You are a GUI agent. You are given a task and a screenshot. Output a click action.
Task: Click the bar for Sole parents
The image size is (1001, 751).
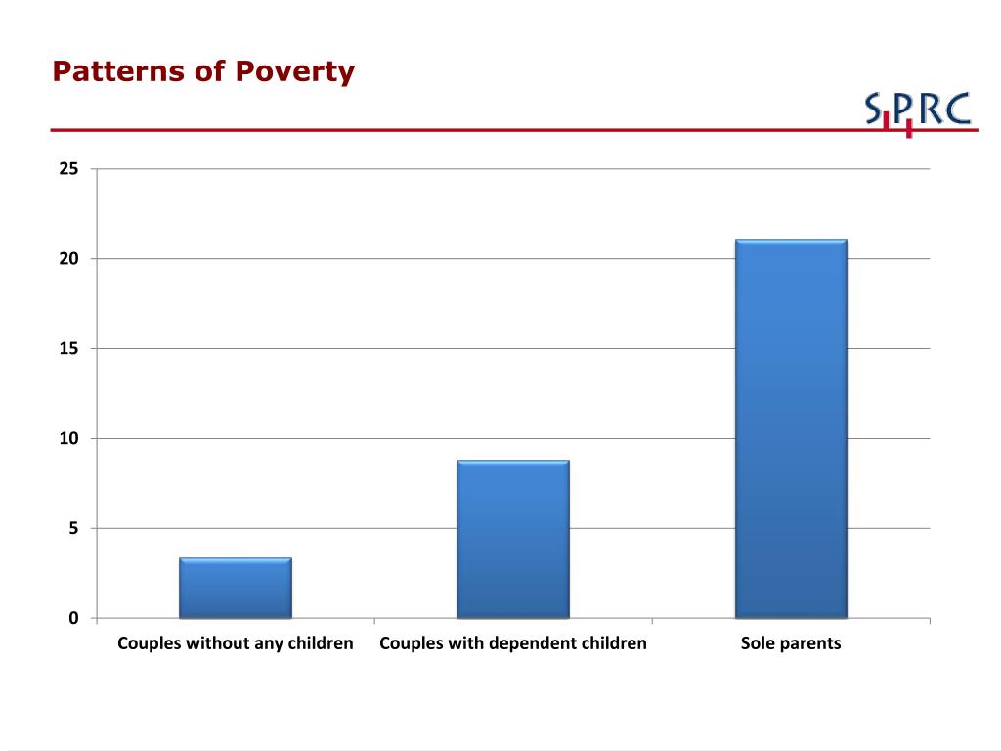791,428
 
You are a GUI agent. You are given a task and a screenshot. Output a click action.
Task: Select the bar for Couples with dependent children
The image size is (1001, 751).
513,539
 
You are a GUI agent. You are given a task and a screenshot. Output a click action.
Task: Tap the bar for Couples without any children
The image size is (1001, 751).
236,588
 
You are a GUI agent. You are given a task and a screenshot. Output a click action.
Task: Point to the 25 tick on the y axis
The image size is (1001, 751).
69,168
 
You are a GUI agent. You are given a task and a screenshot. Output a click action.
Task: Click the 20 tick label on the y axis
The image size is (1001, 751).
69,258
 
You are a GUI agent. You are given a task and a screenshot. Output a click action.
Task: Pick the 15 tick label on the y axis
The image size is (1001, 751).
69,349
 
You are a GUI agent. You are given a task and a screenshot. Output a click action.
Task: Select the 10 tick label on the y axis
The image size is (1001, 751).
69,439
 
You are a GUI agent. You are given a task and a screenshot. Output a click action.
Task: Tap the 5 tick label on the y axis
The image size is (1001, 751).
74,529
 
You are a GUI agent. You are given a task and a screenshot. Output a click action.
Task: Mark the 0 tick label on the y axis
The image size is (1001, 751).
74,618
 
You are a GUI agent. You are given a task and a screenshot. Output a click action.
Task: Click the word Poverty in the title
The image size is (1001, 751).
295,71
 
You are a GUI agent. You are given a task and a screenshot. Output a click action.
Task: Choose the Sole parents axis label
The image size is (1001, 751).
791,643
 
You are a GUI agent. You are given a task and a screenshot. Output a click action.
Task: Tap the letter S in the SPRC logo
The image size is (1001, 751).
873,108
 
